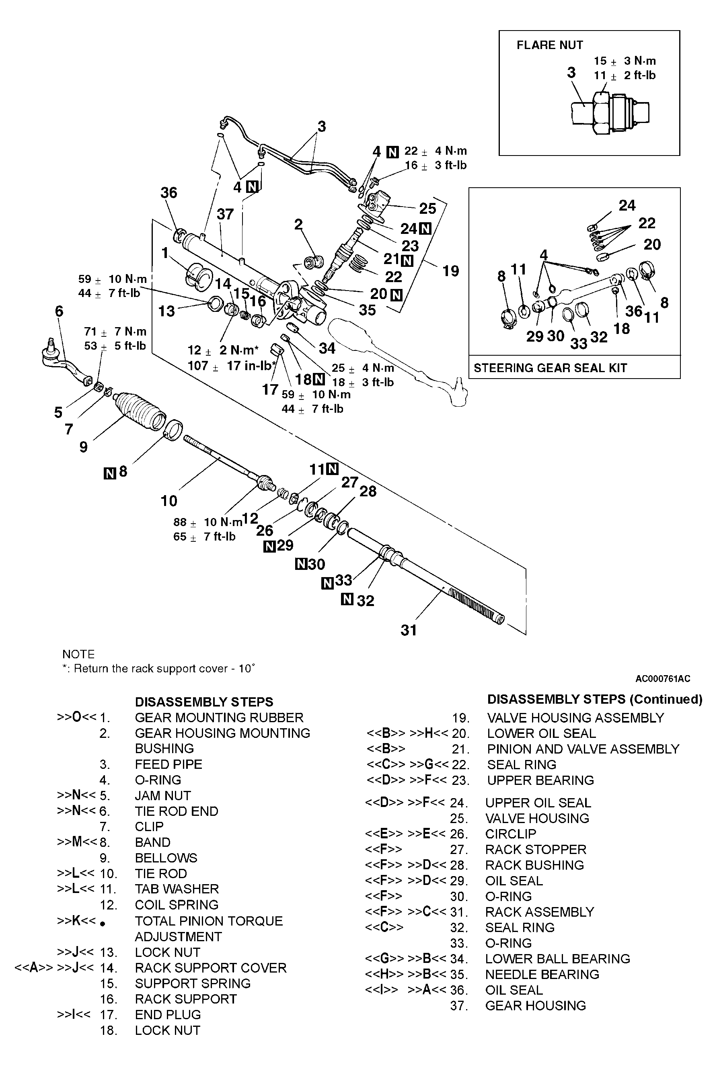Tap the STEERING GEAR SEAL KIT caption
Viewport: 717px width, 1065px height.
(x=550, y=368)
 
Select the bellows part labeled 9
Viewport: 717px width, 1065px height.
(x=140, y=410)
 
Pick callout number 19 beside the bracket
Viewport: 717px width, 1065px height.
(x=450, y=271)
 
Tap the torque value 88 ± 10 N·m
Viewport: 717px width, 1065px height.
(x=208, y=522)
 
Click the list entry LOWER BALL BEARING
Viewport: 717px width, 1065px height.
(x=557, y=958)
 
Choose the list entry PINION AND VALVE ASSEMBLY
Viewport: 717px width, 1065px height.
(x=583, y=749)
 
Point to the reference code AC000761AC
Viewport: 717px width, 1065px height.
(x=663, y=678)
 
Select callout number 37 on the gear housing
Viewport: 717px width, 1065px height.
(x=225, y=214)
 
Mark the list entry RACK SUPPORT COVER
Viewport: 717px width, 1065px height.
(x=210, y=967)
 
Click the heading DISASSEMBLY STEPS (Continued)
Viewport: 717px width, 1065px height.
(x=594, y=700)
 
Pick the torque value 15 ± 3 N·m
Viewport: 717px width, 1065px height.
(x=625, y=61)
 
